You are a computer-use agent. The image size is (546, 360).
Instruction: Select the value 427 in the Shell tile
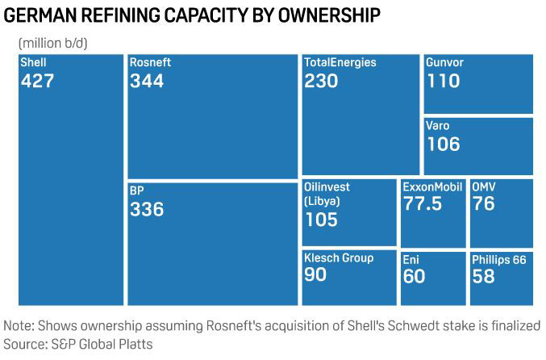(37, 81)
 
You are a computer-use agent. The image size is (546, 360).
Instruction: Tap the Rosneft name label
(150, 63)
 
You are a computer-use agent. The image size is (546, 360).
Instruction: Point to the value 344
(146, 81)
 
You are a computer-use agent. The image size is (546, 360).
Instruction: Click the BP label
(137, 191)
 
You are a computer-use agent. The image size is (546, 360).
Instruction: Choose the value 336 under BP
(146, 209)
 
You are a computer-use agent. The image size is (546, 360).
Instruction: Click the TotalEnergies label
(340, 63)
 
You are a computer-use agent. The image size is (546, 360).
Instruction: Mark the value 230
(320, 81)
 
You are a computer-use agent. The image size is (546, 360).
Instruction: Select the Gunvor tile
(477, 84)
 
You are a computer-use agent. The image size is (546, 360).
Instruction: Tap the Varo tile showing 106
(477, 146)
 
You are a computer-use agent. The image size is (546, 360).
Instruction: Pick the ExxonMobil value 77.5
(423, 203)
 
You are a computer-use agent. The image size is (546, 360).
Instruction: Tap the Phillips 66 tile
(500, 278)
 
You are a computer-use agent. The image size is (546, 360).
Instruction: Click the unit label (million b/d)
(53, 42)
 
